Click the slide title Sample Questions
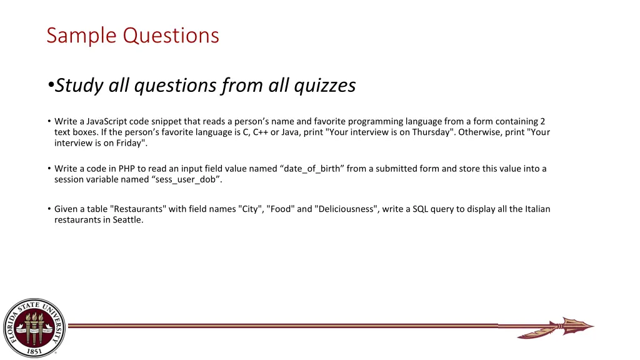coord(132,35)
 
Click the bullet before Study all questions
coord(50,86)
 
